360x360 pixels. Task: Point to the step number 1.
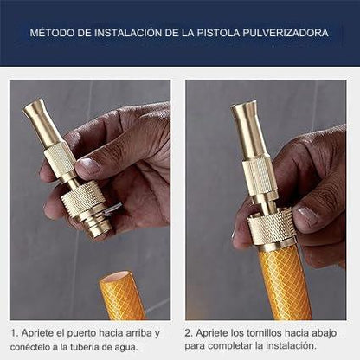pos(13,332)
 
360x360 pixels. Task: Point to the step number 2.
pos(188,332)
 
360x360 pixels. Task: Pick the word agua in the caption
pos(145,345)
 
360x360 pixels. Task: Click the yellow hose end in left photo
pos(122,297)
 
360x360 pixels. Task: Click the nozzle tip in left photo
pos(35,112)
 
